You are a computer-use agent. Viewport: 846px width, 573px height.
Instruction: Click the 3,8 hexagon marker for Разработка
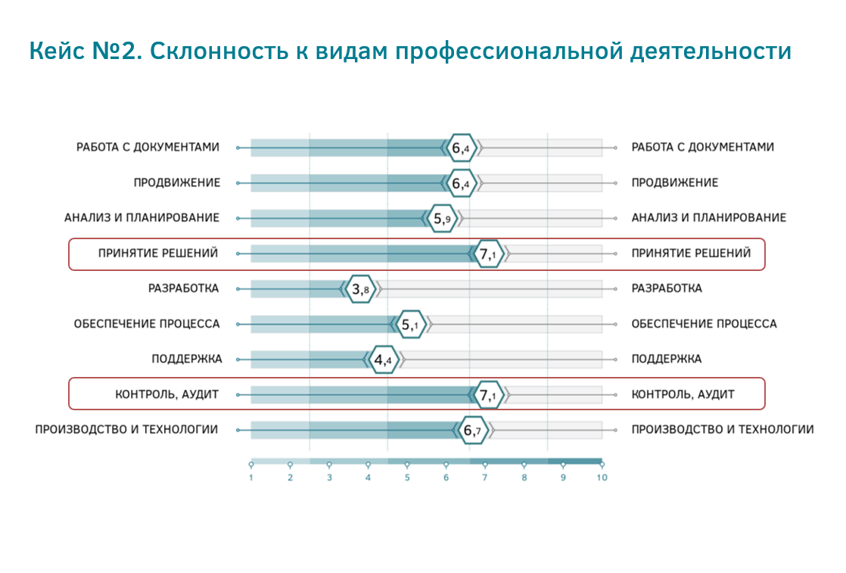point(361,289)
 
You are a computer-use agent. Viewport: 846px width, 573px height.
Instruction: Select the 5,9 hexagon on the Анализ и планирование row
point(443,219)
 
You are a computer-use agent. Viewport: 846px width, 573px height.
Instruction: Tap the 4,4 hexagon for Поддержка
point(384,360)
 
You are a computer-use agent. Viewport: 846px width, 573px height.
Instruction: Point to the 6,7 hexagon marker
point(473,431)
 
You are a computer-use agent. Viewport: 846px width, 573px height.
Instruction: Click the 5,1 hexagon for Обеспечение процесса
point(411,325)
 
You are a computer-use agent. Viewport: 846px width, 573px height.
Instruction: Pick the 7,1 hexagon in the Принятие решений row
point(489,254)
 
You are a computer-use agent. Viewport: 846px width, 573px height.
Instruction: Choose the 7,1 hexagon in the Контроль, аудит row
point(489,395)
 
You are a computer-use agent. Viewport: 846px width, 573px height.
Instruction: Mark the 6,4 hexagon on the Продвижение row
point(462,183)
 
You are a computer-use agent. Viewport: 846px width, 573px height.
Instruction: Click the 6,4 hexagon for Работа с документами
point(462,148)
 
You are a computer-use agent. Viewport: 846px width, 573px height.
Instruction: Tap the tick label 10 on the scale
point(602,478)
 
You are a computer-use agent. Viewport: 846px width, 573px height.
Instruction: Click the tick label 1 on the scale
point(251,478)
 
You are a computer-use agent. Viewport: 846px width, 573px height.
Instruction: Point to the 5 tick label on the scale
point(407,478)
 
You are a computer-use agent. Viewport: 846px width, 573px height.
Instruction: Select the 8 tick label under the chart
point(524,478)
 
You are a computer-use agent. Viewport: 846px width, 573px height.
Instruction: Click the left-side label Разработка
point(183,288)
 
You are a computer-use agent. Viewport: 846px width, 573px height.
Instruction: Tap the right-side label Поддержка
point(667,360)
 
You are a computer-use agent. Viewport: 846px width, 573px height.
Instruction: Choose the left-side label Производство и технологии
point(127,430)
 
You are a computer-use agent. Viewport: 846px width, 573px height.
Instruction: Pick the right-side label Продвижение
point(675,183)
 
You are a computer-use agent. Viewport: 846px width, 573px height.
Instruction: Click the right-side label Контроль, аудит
point(683,395)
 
